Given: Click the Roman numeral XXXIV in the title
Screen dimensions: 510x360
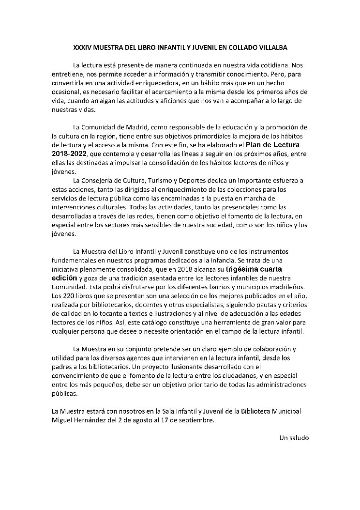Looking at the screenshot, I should click(82, 48).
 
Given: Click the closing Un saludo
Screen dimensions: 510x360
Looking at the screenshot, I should click(294, 438).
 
